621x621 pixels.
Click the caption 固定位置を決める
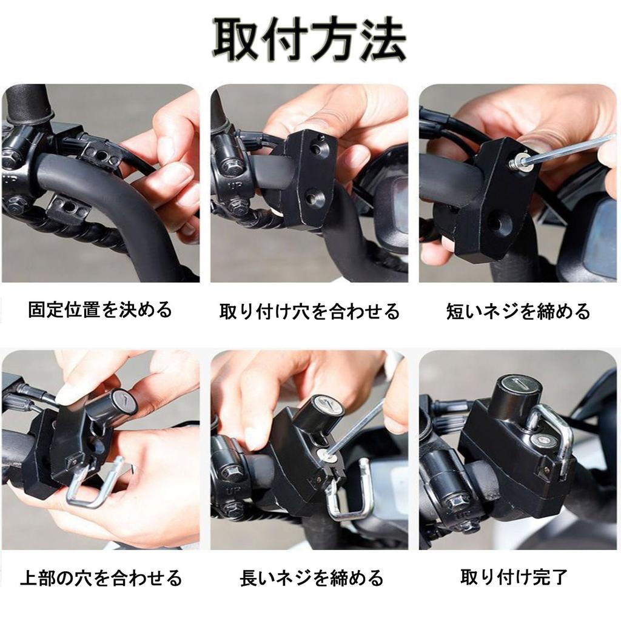point(100,310)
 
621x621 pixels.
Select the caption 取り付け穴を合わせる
point(309,312)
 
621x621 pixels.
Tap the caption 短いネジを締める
point(518,312)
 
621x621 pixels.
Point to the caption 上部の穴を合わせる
point(101,577)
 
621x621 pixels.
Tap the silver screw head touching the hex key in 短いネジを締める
point(516,163)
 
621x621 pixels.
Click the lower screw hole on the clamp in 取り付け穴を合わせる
point(314,196)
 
